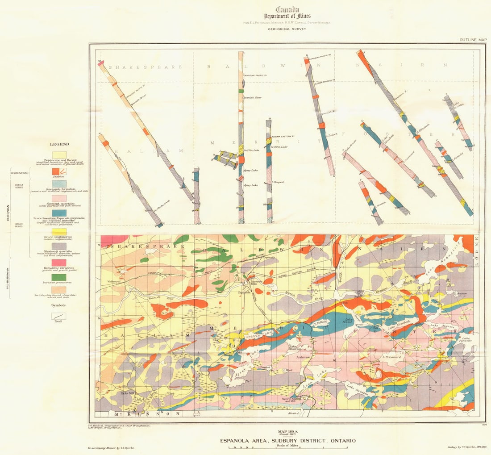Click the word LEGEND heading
59,144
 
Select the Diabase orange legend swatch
59,171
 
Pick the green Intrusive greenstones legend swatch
59,277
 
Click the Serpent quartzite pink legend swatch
59,198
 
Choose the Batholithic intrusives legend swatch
59,263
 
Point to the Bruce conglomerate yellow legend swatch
59,232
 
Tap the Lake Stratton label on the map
357,388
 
